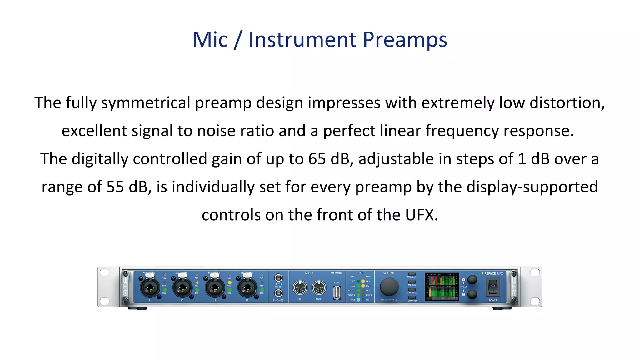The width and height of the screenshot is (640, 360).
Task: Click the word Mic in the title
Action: click(x=210, y=40)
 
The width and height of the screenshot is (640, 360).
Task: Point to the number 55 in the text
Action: click(x=115, y=187)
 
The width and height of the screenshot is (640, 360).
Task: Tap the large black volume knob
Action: click(x=389, y=287)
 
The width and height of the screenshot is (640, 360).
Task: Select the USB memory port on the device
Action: click(x=337, y=292)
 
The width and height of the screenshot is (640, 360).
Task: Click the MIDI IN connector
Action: click(x=300, y=287)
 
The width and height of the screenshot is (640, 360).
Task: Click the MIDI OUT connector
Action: click(x=318, y=287)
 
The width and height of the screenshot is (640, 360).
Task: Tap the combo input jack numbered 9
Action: click(x=150, y=288)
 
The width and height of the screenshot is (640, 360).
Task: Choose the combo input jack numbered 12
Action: click(x=247, y=288)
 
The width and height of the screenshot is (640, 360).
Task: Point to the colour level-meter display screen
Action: click(x=442, y=287)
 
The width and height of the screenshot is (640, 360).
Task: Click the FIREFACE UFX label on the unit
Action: click(x=492, y=273)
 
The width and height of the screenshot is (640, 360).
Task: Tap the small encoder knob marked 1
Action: click(x=472, y=279)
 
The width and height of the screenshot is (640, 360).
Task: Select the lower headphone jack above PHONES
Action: click(x=278, y=293)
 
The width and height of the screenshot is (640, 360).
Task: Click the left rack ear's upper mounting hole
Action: click(x=104, y=272)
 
